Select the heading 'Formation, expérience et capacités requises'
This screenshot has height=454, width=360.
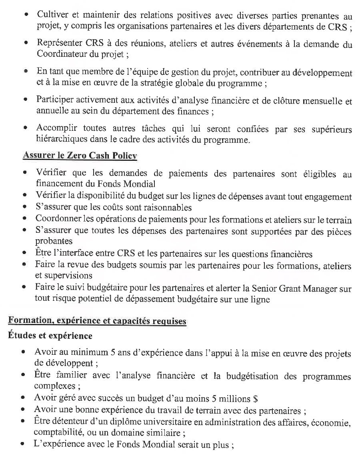[97, 321]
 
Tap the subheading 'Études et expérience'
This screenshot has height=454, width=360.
[50, 336]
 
